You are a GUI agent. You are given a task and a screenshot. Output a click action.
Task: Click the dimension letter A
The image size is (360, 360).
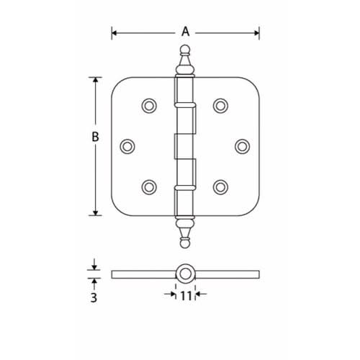click(x=185, y=32)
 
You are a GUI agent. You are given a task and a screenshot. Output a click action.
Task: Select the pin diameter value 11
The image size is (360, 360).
click(x=186, y=294)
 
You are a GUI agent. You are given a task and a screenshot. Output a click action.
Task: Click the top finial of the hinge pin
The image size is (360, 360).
click(x=185, y=60)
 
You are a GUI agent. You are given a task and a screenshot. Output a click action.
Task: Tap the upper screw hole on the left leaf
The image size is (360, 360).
click(x=149, y=105)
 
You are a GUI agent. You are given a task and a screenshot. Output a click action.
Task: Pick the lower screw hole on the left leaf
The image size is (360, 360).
click(x=149, y=186)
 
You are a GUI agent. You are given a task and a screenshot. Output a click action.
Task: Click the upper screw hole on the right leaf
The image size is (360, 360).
click(x=220, y=105)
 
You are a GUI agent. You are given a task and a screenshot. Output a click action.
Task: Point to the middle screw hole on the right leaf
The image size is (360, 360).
click(x=241, y=145)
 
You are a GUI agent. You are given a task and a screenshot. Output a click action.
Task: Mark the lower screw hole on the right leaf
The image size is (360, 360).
click(x=220, y=186)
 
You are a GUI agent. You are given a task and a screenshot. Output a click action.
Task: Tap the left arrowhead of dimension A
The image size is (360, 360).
click(x=114, y=32)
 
